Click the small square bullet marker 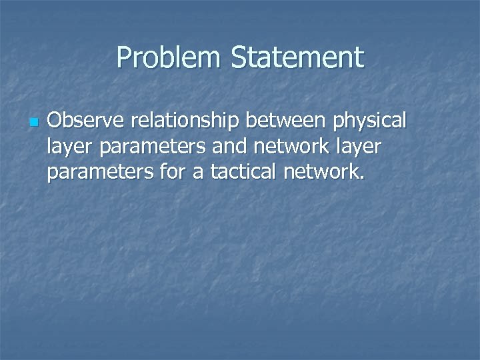[35, 123]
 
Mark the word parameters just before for [101, 173]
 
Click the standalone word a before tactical [199, 173]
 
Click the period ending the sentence [362, 179]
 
